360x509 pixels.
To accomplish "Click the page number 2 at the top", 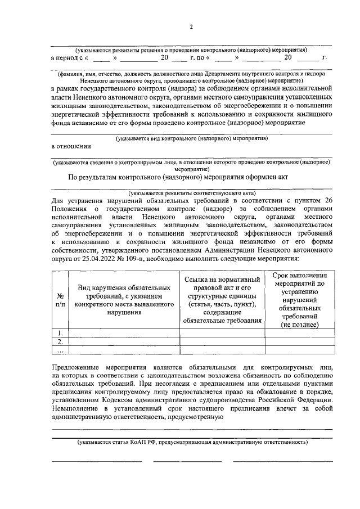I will click(x=191, y=28).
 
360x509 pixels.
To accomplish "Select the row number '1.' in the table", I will click(x=60, y=333).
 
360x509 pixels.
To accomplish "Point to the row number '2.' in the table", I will click(x=60, y=341).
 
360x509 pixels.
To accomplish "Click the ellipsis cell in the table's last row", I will click(x=60, y=350).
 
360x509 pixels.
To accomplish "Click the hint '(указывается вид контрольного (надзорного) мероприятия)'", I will click(x=191, y=137).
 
